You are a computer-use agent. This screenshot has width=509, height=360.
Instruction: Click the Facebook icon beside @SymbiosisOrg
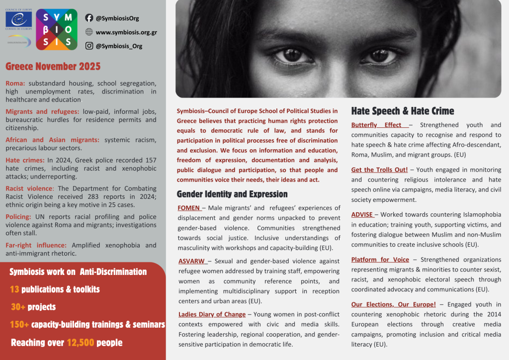click(x=89, y=18)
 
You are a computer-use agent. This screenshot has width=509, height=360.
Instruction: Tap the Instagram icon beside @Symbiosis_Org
click(x=89, y=46)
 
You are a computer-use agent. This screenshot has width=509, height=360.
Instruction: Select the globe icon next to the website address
click(x=89, y=32)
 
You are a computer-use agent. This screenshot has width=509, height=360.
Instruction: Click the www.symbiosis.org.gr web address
click(x=126, y=32)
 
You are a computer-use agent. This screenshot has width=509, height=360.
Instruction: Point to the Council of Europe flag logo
click(x=19, y=20)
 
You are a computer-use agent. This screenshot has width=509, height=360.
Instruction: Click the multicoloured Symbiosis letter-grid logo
click(x=57, y=29)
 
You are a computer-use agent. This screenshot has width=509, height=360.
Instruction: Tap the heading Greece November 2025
click(x=53, y=67)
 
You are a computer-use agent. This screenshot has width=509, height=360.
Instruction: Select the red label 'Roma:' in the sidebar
click(x=15, y=84)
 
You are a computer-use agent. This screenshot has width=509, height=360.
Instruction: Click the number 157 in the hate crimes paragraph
click(x=149, y=160)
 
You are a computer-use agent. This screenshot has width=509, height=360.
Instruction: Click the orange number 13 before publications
click(x=14, y=289)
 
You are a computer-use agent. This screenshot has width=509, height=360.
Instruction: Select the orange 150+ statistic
click(x=18, y=325)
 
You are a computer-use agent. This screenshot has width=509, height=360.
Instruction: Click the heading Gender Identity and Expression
click(x=232, y=194)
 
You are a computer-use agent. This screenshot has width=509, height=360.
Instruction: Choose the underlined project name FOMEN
click(x=189, y=208)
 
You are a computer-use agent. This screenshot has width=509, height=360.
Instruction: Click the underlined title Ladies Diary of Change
click(x=212, y=314)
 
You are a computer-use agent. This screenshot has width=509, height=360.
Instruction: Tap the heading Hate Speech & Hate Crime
click(x=403, y=111)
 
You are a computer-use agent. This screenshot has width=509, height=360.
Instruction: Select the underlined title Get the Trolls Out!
click(x=379, y=170)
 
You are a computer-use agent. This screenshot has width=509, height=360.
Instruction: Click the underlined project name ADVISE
click(x=362, y=214)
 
